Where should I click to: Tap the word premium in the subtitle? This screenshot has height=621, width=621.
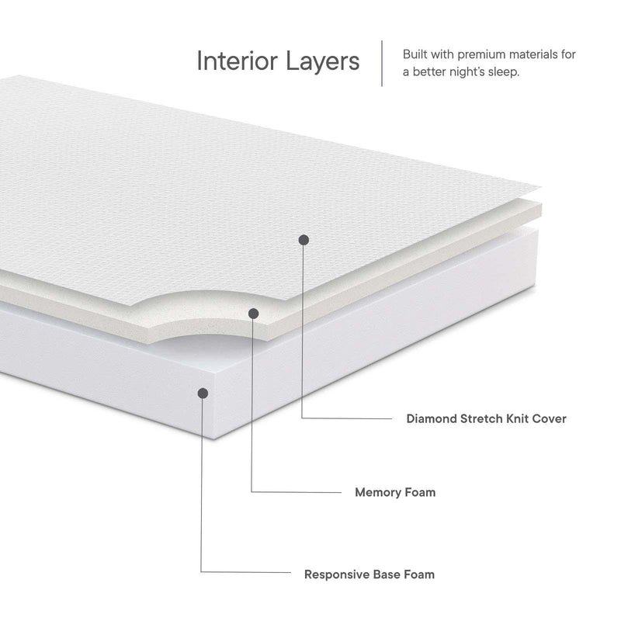(487, 54)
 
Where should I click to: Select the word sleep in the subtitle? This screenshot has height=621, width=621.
(501, 71)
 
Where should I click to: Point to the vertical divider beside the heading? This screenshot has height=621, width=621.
(381, 63)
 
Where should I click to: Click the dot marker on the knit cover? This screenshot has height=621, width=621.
(304, 239)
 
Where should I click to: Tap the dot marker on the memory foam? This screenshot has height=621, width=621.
(253, 313)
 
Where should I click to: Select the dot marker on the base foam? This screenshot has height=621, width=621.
(203, 394)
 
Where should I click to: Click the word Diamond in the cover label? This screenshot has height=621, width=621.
(431, 419)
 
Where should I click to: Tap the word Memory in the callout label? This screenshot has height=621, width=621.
(378, 492)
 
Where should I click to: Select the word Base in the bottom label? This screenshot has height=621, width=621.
(388, 575)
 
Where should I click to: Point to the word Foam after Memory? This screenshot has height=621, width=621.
(420, 492)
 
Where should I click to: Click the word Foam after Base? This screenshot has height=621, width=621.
(420, 575)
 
